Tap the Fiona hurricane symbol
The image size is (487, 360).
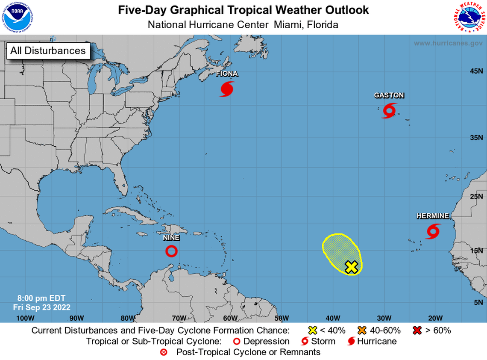(x=227, y=89)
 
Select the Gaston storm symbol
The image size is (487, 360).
(x=389, y=110)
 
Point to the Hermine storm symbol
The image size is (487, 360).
(x=433, y=231)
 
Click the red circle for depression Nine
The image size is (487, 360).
(x=171, y=251)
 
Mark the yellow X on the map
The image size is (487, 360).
(x=351, y=267)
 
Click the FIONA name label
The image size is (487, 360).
(x=227, y=74)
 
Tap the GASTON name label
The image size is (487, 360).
(x=389, y=95)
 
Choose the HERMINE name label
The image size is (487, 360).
(x=433, y=216)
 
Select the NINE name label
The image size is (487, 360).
(x=171, y=238)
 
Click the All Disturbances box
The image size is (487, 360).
(x=48, y=51)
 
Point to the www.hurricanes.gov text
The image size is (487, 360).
(x=448, y=43)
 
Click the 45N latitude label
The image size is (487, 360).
(x=476, y=71)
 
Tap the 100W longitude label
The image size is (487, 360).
(x=25, y=318)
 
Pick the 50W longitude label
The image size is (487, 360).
(x=282, y=318)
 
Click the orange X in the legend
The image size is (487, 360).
(x=363, y=330)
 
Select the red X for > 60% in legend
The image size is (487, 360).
(x=417, y=330)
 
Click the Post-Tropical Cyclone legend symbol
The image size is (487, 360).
(x=164, y=353)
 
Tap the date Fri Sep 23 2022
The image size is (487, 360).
(x=41, y=307)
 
